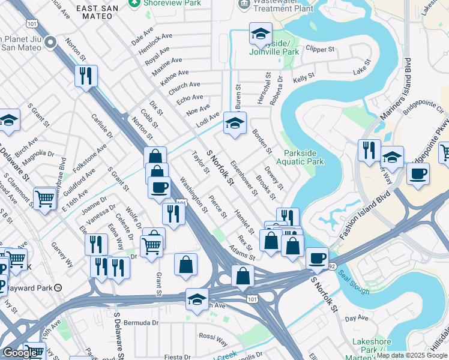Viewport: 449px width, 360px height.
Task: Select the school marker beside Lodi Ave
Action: [x=235, y=124]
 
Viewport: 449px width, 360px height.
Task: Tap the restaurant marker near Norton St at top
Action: [x=86, y=76]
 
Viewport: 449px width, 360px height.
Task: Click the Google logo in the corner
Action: [x=20, y=353]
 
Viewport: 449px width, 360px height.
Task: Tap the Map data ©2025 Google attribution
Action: [x=411, y=355]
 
